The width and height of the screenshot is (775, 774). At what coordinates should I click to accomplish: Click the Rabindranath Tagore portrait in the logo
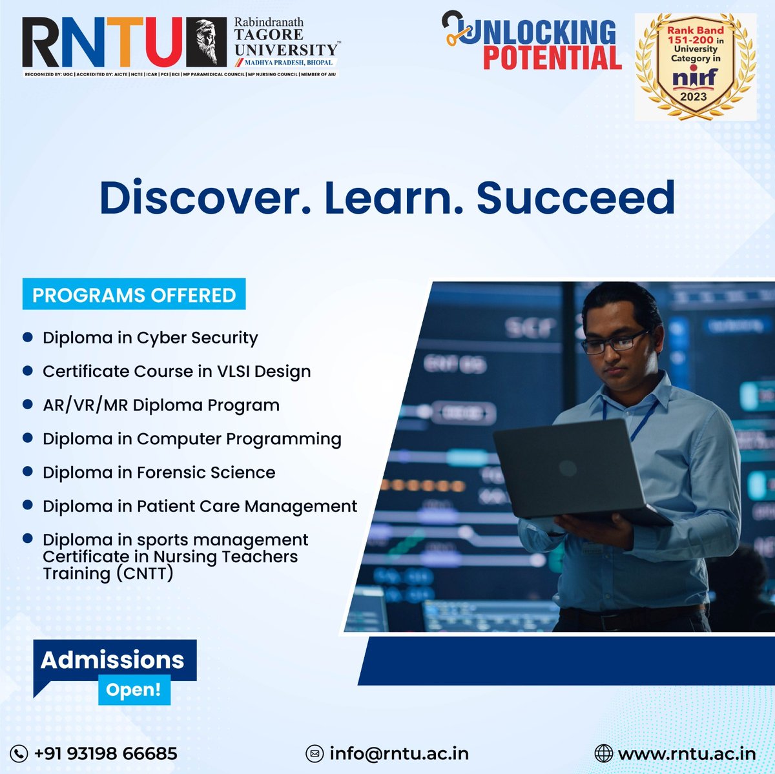tap(206, 43)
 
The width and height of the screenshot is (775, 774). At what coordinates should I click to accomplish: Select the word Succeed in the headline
tap(575, 198)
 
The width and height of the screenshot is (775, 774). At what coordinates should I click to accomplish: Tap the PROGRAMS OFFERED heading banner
tap(134, 295)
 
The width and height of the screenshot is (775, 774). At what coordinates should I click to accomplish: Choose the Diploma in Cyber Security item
tap(150, 338)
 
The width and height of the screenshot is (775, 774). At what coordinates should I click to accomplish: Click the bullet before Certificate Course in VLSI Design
tap(28, 371)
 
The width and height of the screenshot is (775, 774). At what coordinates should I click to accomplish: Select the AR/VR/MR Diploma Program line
tap(161, 405)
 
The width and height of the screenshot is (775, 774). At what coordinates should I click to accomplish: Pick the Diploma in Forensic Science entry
tap(159, 473)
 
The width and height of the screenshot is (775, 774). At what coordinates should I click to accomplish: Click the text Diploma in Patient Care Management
tap(200, 506)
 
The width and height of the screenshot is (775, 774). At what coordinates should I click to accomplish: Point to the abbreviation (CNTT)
tap(145, 574)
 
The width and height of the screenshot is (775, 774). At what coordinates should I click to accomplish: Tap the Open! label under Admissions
tap(134, 689)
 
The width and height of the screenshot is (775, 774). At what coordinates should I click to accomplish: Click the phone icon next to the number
tap(19, 753)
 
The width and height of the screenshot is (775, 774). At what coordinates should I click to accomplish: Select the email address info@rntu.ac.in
tap(398, 753)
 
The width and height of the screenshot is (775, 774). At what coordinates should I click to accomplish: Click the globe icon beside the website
tap(603, 753)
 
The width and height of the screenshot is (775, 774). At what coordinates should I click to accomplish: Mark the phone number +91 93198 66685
tap(105, 753)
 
